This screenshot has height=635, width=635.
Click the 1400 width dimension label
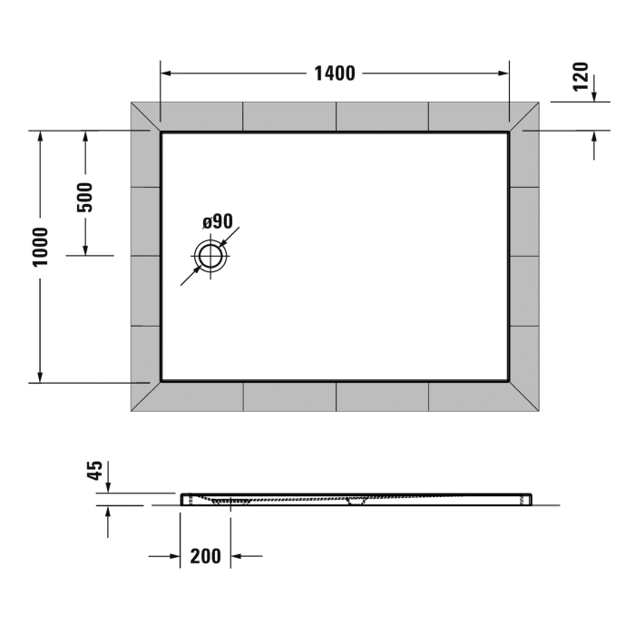335,73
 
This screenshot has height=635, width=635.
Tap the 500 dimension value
85,197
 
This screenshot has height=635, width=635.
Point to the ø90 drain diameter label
218,221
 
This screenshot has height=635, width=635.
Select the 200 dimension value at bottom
206,556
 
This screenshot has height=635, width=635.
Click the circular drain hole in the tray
212,256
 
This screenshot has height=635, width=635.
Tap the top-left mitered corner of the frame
146,117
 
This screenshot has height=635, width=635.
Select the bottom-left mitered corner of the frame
146,396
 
